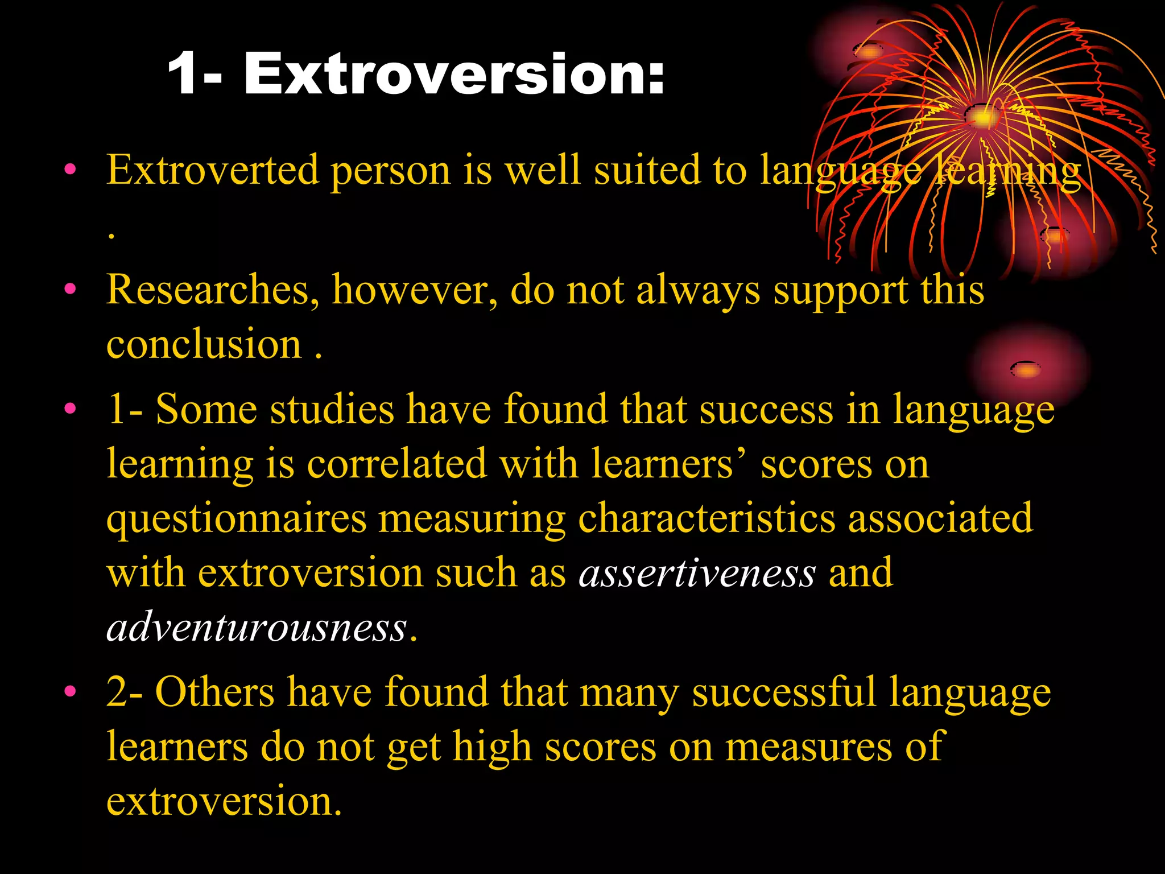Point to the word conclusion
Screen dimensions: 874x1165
(x=204, y=345)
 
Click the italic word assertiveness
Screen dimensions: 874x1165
(x=697, y=573)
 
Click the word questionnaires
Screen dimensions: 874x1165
(x=237, y=519)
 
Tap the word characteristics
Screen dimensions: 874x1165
(x=707, y=519)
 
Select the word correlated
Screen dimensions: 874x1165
(x=396, y=464)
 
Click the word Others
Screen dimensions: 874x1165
(x=215, y=692)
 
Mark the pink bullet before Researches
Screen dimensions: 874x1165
(x=70, y=289)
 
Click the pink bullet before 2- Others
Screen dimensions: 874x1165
(x=70, y=691)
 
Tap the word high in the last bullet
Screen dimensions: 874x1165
(x=491, y=747)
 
